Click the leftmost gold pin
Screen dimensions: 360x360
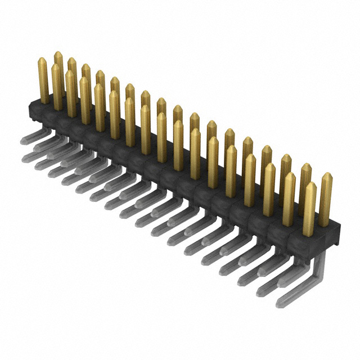[43, 79]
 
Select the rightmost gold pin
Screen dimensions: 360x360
[326, 200]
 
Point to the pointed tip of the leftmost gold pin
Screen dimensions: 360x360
[42, 59]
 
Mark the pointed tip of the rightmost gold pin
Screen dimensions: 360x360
[326, 175]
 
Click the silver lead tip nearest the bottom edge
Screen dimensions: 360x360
[280, 304]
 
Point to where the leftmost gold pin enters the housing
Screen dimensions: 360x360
[44, 101]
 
